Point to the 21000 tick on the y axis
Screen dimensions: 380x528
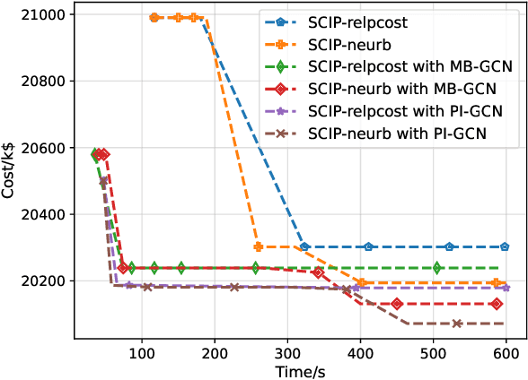pos(34,15)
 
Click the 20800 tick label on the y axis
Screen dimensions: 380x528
pos(34,82)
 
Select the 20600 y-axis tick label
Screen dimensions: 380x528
pos(34,148)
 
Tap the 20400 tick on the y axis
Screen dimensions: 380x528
pos(34,215)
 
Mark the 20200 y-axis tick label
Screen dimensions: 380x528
pos(34,281)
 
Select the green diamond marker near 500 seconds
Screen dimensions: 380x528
pos(437,268)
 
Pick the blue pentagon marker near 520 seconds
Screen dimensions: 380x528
pos(450,246)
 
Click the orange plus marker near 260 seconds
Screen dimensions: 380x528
pos(259,246)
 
